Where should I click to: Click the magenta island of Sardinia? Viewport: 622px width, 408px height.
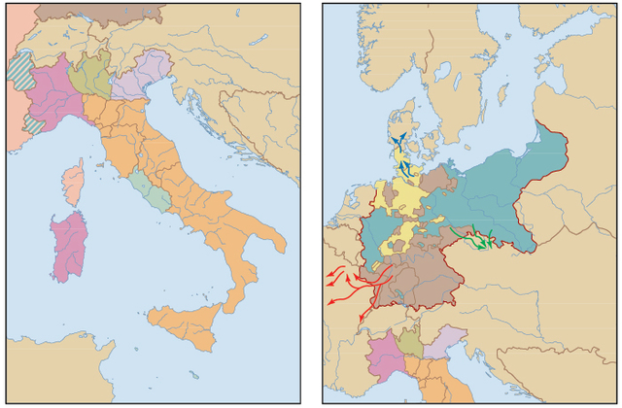(67, 245)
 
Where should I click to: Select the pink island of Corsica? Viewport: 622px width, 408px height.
(73, 183)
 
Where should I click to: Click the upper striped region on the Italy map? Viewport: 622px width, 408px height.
(18, 67)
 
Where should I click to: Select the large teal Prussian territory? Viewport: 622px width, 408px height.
(496, 194)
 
